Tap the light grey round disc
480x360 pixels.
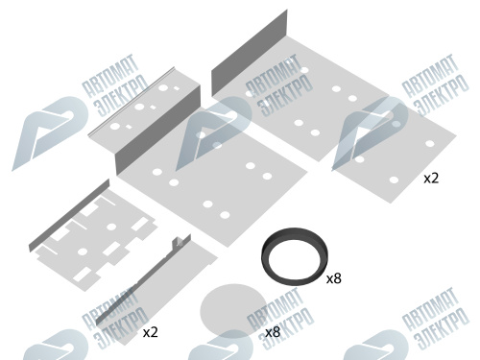(x=233, y=311)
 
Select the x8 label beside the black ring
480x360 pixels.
(x=334, y=279)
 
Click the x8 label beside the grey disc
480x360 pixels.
(x=273, y=332)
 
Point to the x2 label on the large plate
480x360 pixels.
(x=431, y=179)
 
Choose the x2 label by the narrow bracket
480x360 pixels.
(x=151, y=333)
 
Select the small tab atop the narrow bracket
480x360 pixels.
(x=179, y=242)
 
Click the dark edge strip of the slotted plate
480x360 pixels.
(x=69, y=215)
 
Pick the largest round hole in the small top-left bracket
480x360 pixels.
(x=163, y=87)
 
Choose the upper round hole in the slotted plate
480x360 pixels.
(x=111, y=227)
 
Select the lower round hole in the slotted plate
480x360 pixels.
(x=83, y=252)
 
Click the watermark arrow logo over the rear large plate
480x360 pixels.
(x=370, y=132)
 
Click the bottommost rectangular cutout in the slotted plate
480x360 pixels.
(x=83, y=275)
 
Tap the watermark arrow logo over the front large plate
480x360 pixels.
(x=213, y=133)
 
